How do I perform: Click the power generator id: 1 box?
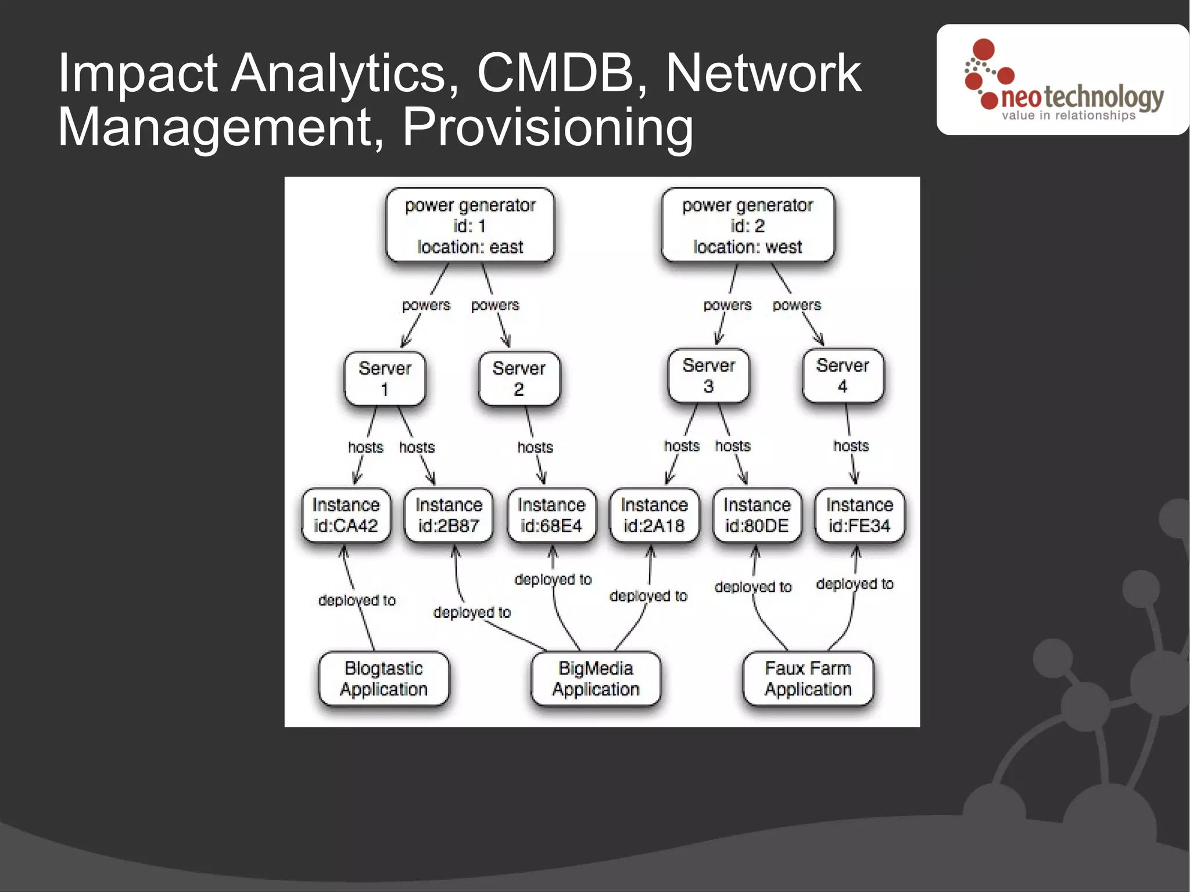click(x=470, y=225)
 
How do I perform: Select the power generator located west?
click(x=747, y=225)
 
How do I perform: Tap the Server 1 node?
click(x=385, y=378)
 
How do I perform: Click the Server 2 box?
click(x=519, y=378)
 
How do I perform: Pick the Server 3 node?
click(x=708, y=375)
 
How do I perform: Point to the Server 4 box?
click(x=843, y=375)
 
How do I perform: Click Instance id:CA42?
click(x=346, y=515)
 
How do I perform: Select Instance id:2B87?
click(x=449, y=515)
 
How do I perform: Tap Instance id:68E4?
click(x=551, y=515)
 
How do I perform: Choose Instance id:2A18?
click(x=654, y=515)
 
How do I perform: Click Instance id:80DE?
click(x=757, y=515)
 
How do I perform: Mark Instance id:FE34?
click(x=859, y=515)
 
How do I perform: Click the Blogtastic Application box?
click(x=383, y=679)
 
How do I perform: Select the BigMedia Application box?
click(x=596, y=679)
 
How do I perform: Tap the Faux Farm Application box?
click(x=808, y=679)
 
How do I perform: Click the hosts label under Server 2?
click(x=535, y=447)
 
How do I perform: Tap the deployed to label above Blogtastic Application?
click(x=357, y=600)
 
